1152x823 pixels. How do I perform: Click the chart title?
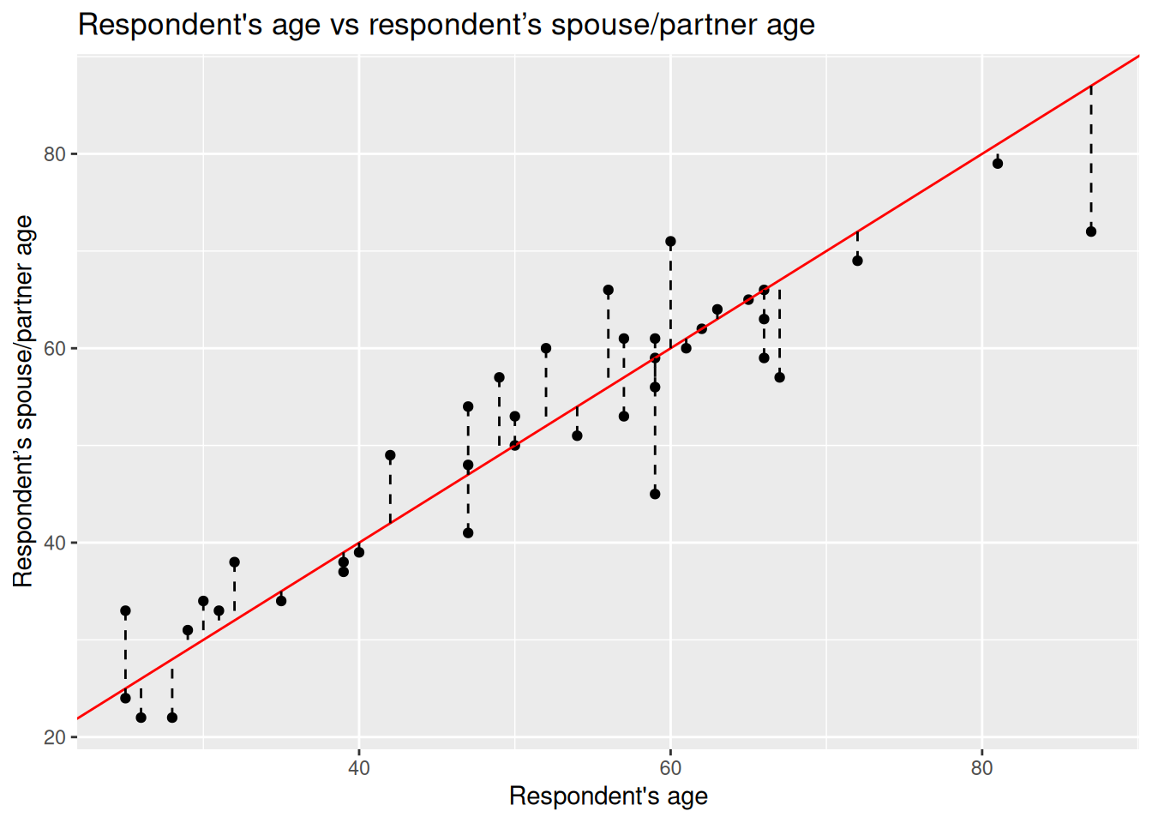coord(446,25)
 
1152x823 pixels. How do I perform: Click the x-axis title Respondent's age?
coord(608,796)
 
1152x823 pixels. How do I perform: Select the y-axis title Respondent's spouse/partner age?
coord(23,401)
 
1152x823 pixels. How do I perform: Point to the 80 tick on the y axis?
coord(55,154)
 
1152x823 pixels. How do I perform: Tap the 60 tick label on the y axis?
coord(55,349)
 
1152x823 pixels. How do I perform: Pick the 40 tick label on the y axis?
coord(55,544)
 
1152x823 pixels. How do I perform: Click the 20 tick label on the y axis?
coord(55,738)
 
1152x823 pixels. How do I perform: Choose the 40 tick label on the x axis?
coord(359,767)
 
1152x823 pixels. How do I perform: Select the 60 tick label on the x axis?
coord(670,767)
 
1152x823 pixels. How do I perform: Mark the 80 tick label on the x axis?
coord(982,767)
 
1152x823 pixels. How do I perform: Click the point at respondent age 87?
coord(1091,231)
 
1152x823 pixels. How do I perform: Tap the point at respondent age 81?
coord(998,164)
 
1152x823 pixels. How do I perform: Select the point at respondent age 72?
coord(857,261)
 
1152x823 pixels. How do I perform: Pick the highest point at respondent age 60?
coord(670,242)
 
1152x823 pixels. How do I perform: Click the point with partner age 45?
coord(655,494)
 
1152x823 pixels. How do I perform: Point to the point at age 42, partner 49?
coord(390,455)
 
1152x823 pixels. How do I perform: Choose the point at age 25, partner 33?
coord(125,611)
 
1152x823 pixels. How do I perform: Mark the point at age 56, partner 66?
coord(609,291)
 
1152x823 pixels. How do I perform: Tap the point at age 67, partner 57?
coord(779,377)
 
